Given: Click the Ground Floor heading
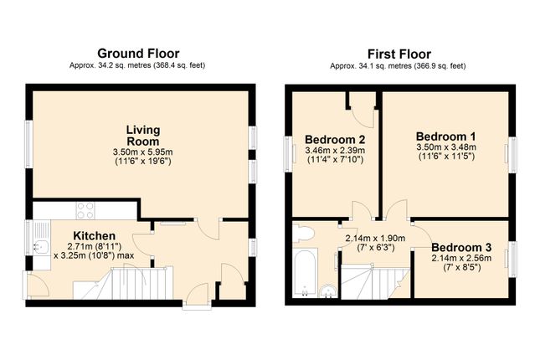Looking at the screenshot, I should coord(139,52).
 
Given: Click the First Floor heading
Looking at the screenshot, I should coord(399,52).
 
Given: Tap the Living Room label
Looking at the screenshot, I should coord(142,136).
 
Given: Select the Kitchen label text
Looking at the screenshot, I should coord(95,236).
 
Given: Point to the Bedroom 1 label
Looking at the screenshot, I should coord(445,136).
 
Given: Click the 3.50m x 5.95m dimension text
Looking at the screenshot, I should coord(142,152).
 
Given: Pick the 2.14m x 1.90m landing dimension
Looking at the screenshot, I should coord(375,237).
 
